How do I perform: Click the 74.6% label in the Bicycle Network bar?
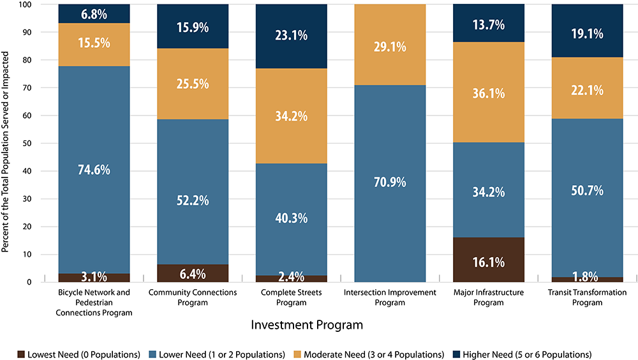[x=94, y=170]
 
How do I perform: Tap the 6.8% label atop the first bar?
[x=94, y=13]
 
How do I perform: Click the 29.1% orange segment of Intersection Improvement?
[x=390, y=44]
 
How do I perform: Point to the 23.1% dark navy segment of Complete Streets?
[x=292, y=36]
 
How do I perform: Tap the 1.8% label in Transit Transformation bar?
[x=587, y=277]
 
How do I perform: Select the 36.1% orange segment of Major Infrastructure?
[x=488, y=93]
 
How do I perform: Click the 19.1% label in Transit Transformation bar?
[x=587, y=34]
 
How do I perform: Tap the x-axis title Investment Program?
[x=307, y=325]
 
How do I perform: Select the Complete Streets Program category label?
[x=292, y=297]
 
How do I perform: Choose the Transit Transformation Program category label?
[x=587, y=297]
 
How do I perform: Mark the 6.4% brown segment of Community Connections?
[x=193, y=273]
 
